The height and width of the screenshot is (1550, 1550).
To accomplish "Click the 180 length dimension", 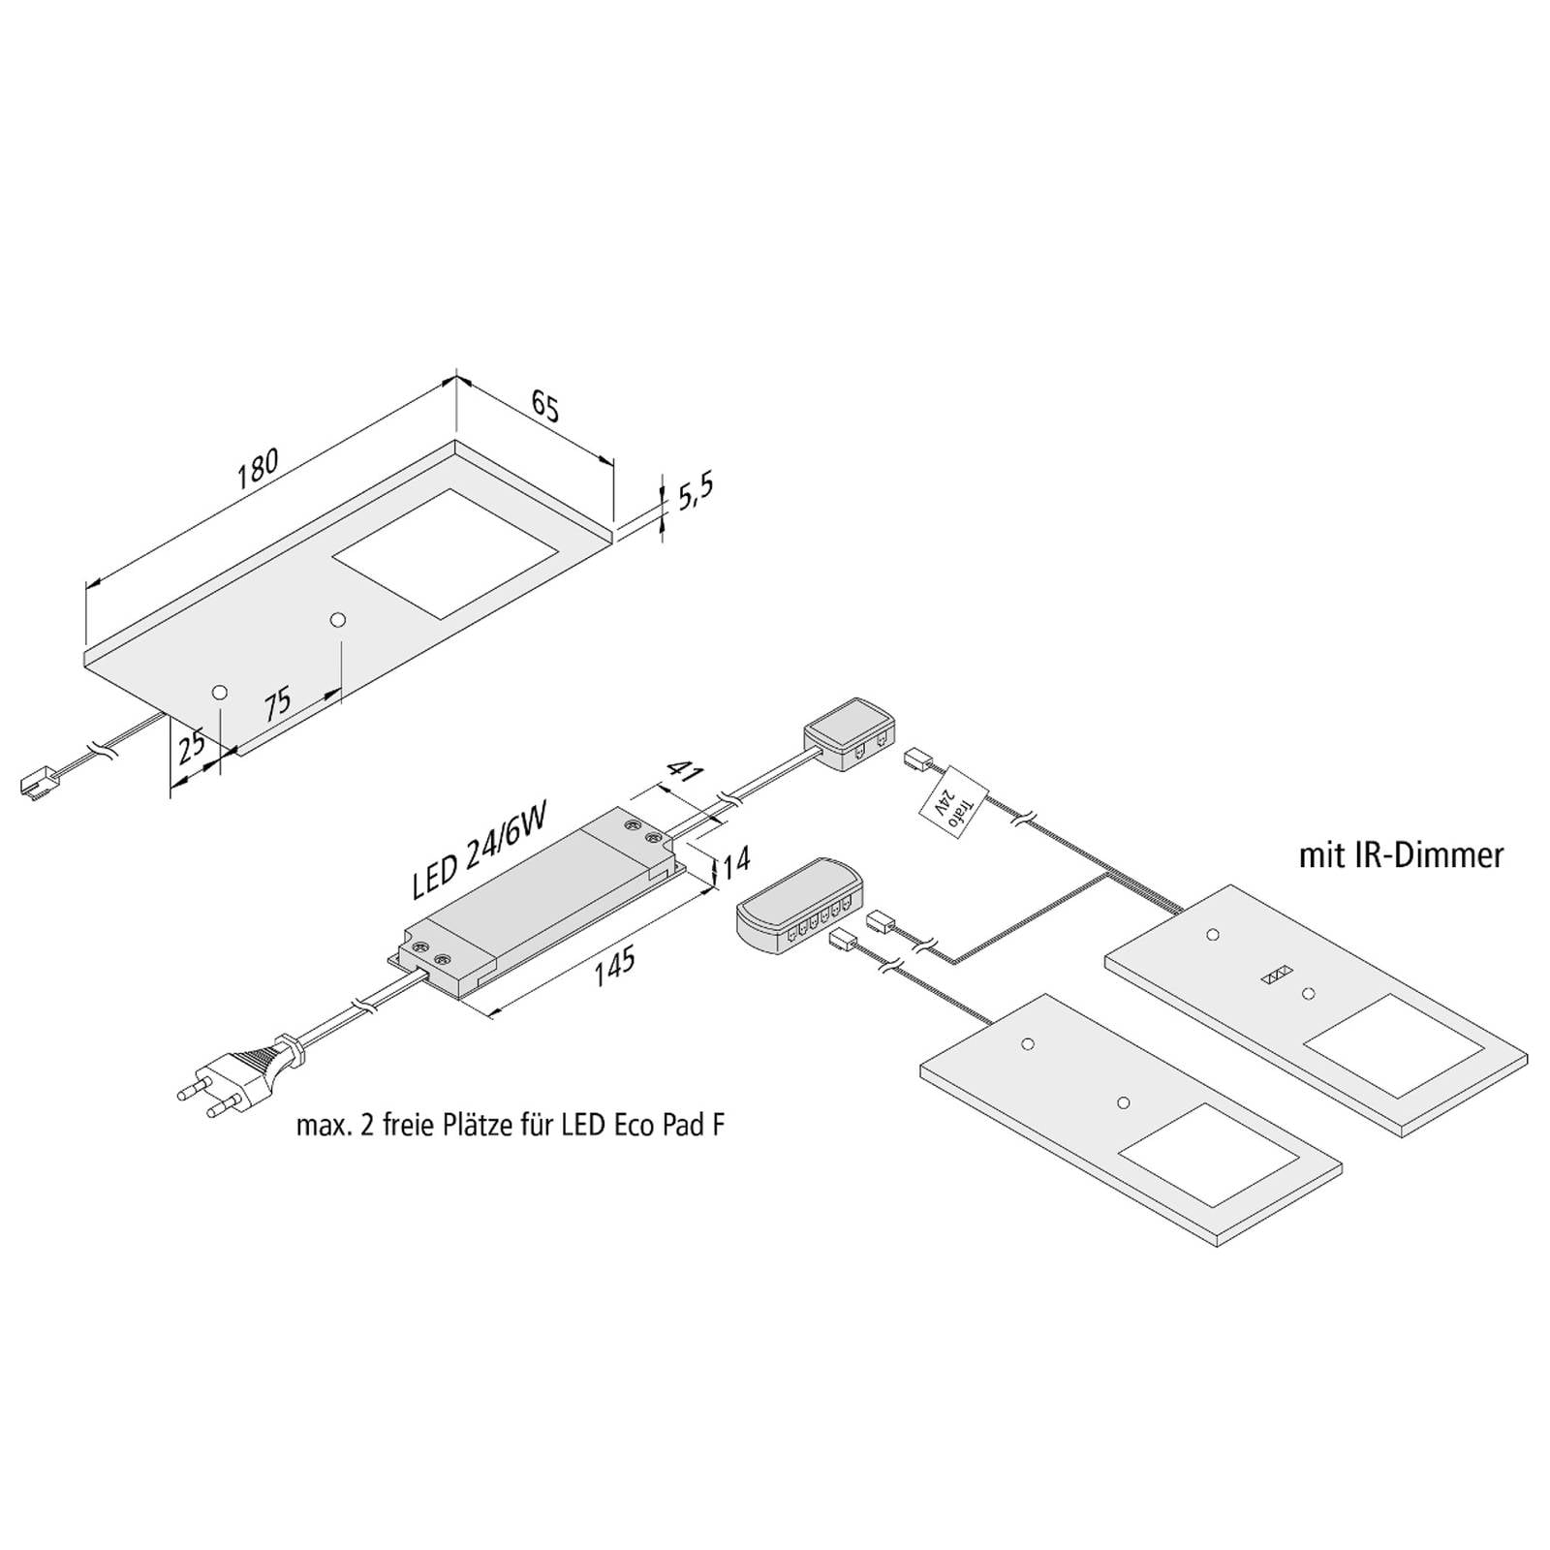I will click(257, 465).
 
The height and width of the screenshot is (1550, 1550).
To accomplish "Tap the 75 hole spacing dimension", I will click(278, 702).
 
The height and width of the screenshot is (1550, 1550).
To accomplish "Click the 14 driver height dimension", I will click(737, 859).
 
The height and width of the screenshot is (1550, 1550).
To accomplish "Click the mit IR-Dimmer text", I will click(1401, 854).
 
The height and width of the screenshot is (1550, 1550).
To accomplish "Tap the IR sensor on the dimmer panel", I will click(1277, 976).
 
